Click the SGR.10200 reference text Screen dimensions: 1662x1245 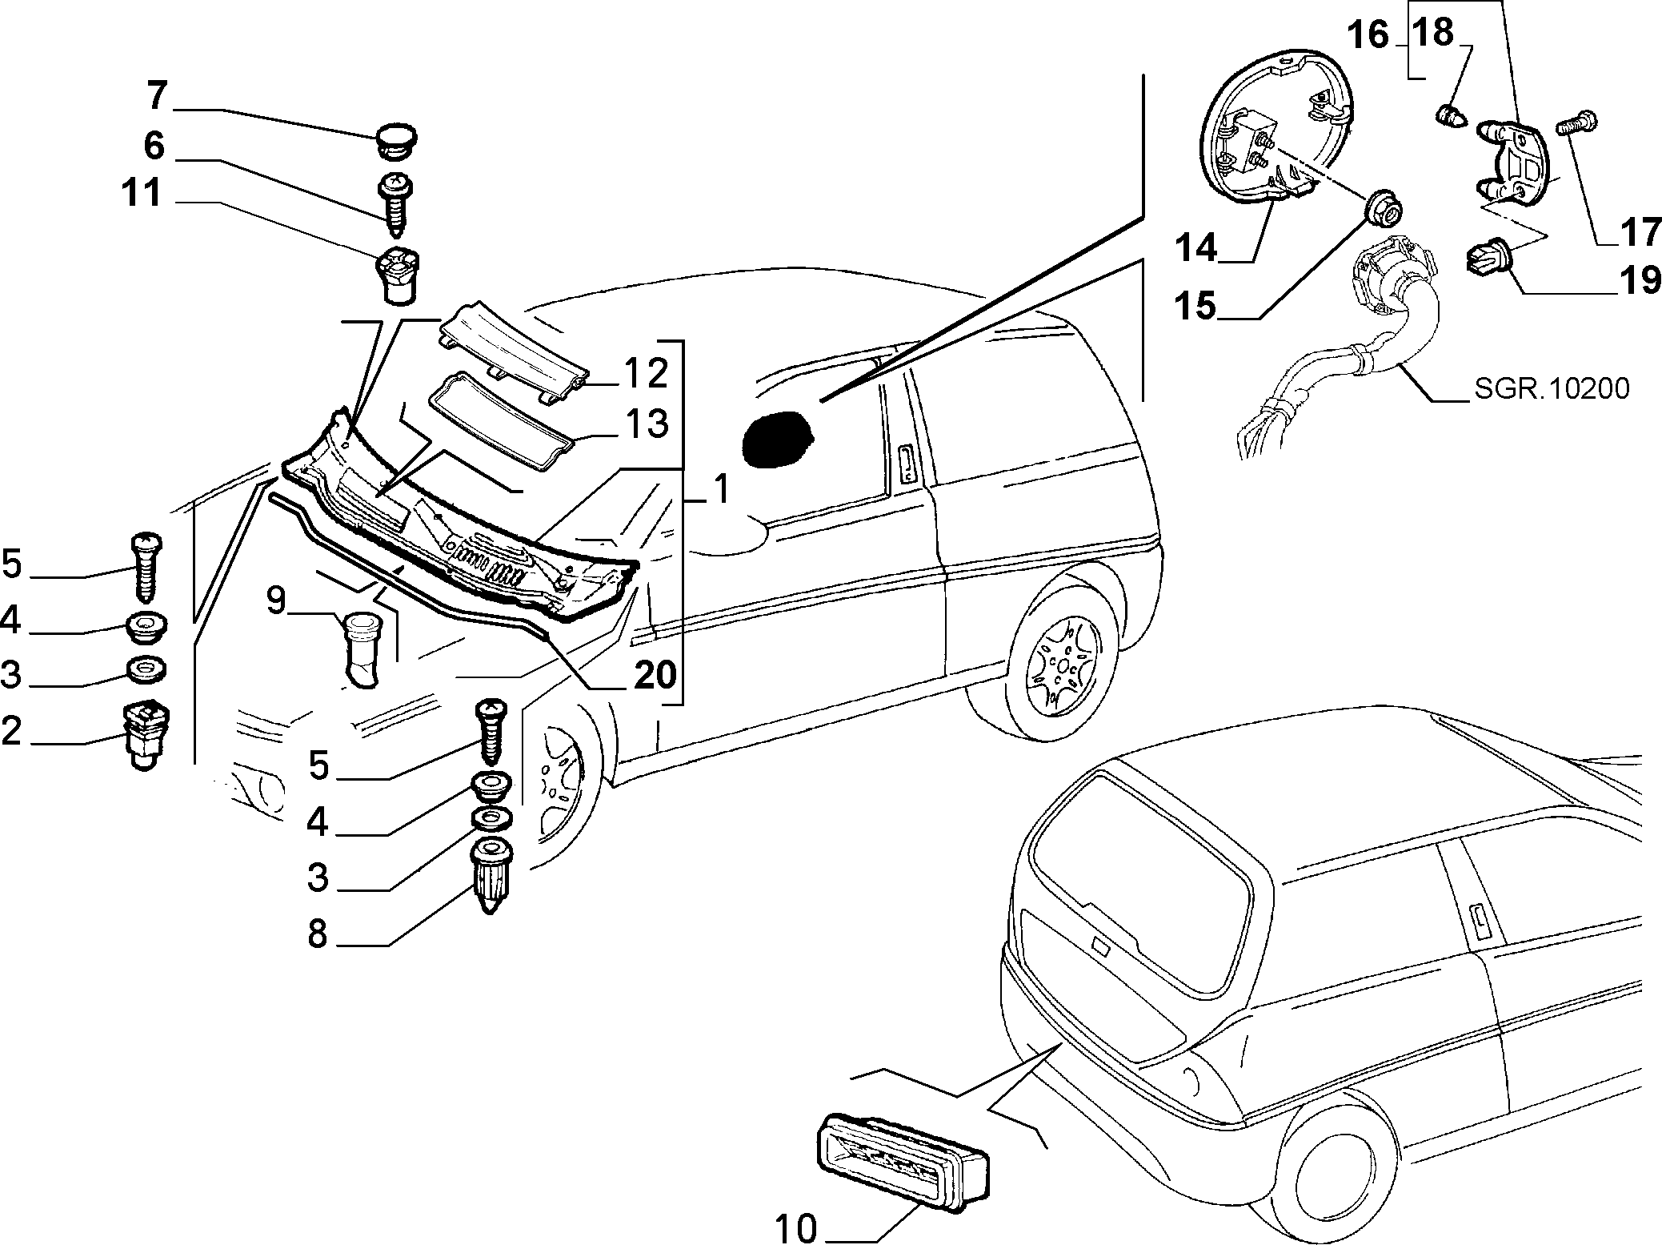coord(1551,390)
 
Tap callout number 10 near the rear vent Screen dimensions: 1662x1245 coord(795,1228)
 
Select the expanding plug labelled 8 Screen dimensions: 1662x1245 coord(491,875)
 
